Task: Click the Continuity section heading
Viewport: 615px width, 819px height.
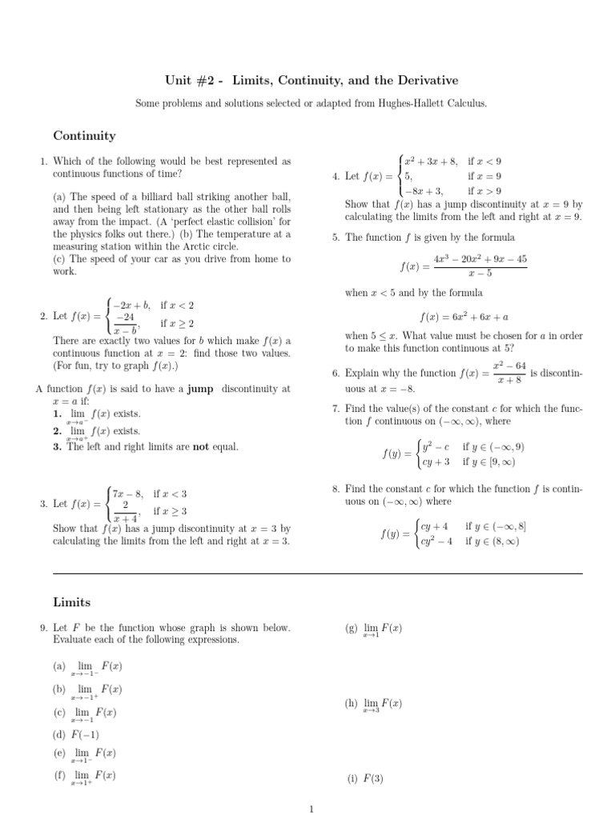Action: [84, 136]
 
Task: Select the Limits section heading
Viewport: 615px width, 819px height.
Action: [72, 601]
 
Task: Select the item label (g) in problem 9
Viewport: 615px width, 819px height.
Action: [351, 629]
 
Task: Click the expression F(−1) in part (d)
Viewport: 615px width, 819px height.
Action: [84, 734]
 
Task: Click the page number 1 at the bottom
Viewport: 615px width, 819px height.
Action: [311, 809]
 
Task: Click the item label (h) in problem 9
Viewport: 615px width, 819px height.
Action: [351, 703]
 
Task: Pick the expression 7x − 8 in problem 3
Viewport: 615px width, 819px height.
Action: [127, 493]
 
